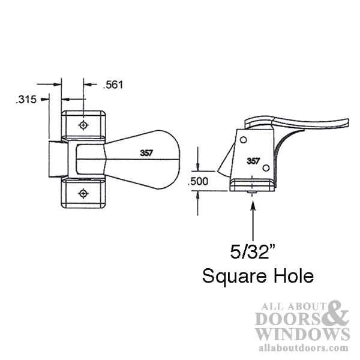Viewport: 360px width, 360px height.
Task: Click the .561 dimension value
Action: (113, 85)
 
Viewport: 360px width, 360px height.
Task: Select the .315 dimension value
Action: (26, 100)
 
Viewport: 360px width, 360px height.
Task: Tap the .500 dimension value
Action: (198, 181)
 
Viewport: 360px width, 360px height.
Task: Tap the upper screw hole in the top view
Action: (83, 125)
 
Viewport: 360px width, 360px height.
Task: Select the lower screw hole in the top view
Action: (83, 193)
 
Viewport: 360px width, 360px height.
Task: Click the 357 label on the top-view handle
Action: (146, 153)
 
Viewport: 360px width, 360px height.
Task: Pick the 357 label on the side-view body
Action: (253, 161)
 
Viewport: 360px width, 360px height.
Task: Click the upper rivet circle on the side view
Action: (244, 140)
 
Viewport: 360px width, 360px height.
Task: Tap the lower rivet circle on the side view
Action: (266, 168)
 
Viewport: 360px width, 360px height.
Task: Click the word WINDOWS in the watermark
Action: (302, 334)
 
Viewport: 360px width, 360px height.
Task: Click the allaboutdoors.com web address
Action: (303, 347)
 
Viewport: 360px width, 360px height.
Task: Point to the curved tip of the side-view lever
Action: (347, 122)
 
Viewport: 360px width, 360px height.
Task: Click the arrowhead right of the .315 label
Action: (45, 100)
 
